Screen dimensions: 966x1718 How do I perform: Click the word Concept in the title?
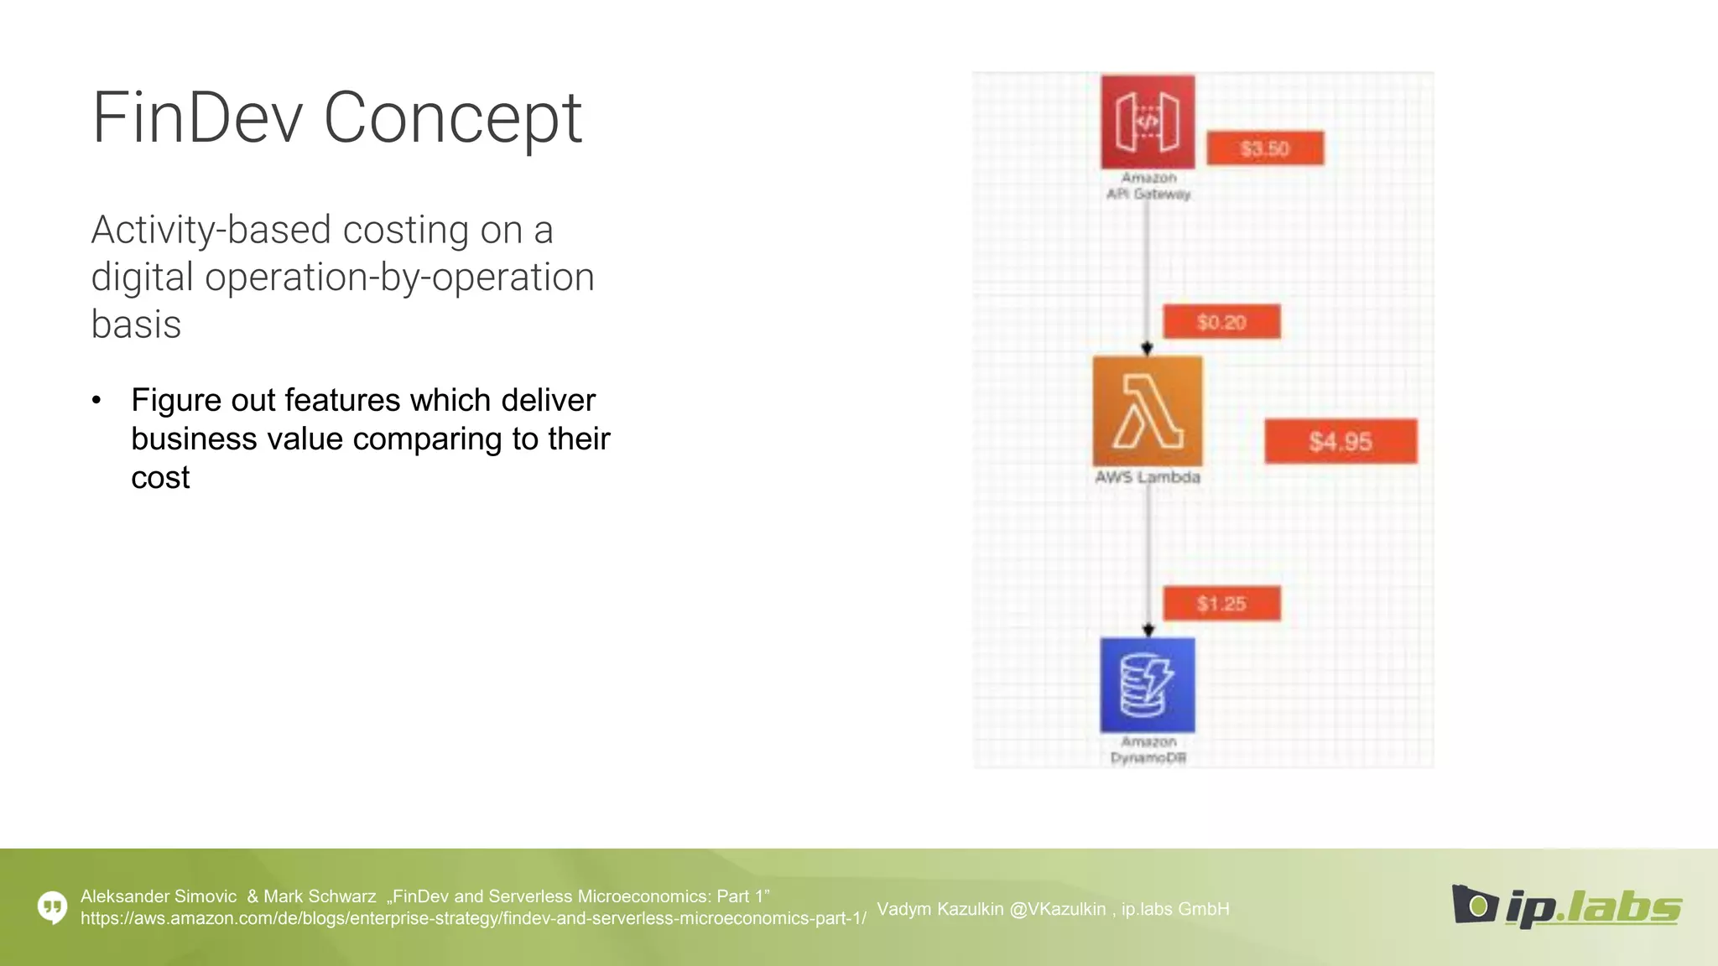click(x=452, y=118)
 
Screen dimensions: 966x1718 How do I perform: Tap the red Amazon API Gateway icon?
click(x=1148, y=122)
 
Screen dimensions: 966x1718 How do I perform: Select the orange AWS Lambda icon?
click(x=1148, y=411)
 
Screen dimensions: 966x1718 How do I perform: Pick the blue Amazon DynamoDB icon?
click(x=1148, y=685)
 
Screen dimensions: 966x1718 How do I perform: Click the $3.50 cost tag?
click(x=1265, y=148)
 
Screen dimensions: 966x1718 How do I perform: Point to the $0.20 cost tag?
click(x=1221, y=322)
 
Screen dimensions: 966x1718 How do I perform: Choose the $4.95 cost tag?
click(x=1341, y=441)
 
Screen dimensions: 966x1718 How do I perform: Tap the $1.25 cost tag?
click(x=1221, y=604)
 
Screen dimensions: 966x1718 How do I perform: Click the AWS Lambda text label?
click(x=1148, y=477)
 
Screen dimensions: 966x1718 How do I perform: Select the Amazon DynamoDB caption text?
click(x=1148, y=750)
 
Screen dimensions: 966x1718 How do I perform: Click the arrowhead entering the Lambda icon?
click(x=1147, y=348)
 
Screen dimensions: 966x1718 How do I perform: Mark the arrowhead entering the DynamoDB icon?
click(x=1148, y=630)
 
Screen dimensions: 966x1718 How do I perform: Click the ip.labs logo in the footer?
click(x=1566, y=907)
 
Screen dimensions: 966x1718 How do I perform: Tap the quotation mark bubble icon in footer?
click(x=53, y=906)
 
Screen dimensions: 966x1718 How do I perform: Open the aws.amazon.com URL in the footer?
click(x=473, y=919)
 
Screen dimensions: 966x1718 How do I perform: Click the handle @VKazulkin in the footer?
click(x=1058, y=909)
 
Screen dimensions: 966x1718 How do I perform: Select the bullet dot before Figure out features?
click(x=96, y=401)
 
